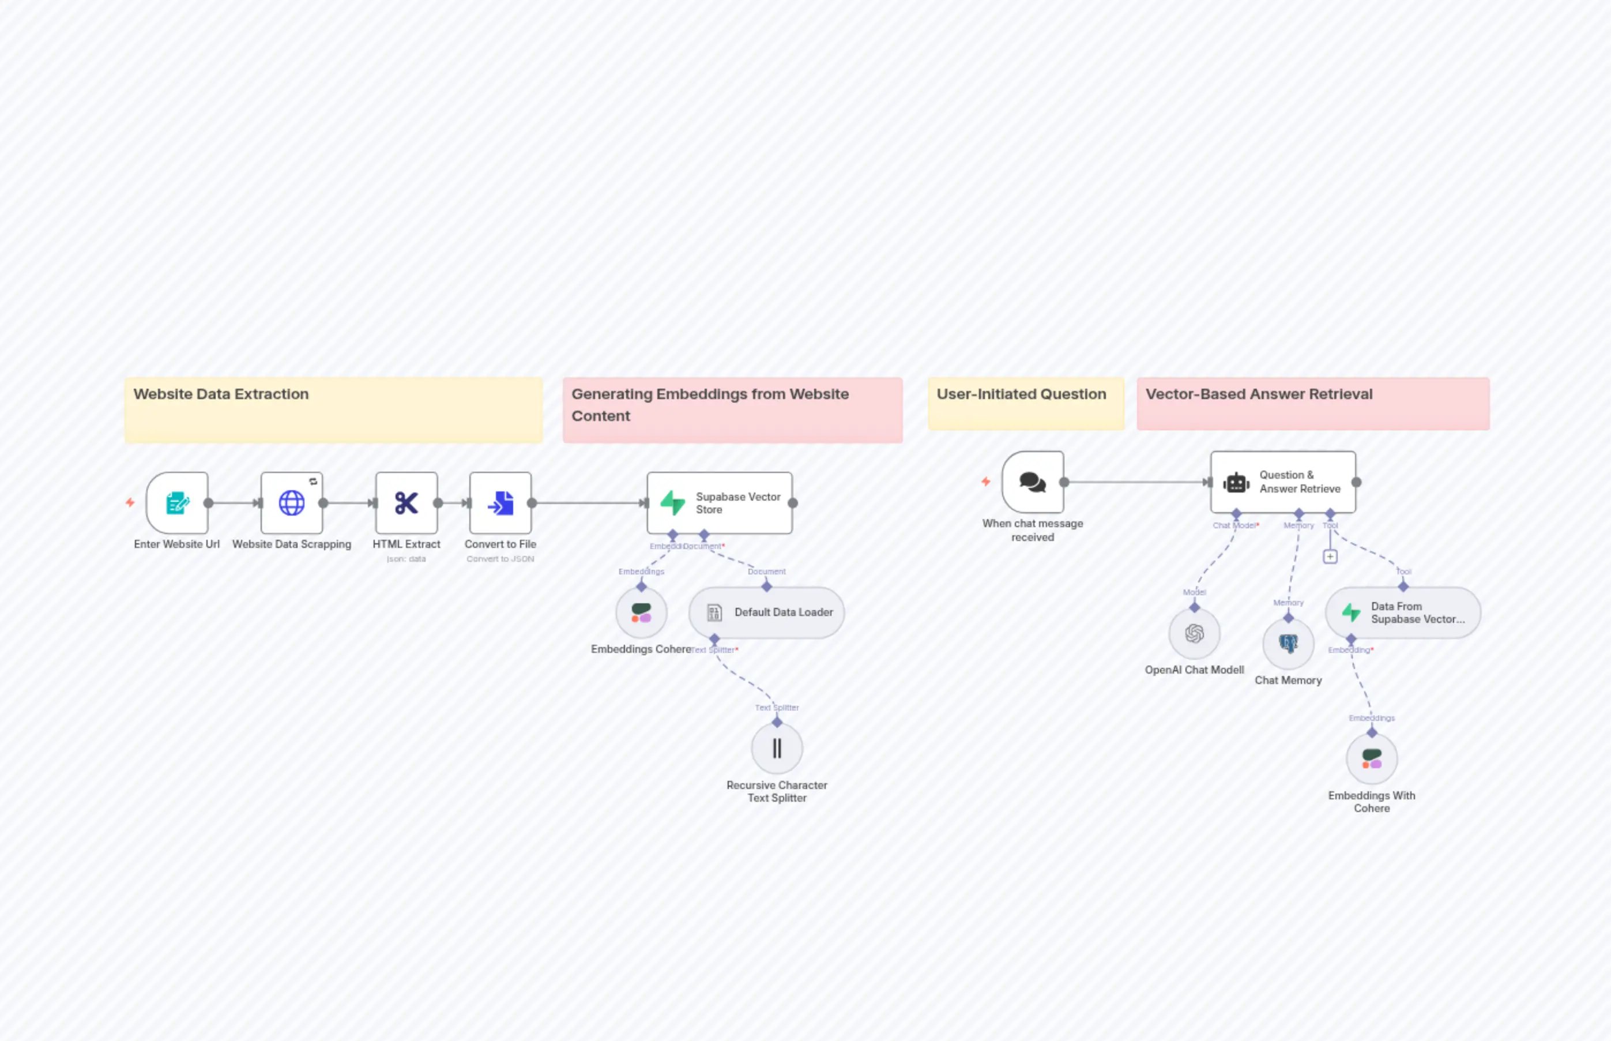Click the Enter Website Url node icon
[x=177, y=503]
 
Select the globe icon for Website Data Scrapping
[x=292, y=503]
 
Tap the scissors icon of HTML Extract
[x=406, y=503]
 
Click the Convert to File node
[x=500, y=503]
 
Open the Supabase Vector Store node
[x=719, y=503]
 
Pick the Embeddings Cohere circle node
[x=641, y=613]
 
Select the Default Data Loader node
[x=766, y=612]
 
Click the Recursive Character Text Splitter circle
[x=777, y=748]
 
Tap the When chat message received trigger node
[x=1033, y=482]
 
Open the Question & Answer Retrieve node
[x=1282, y=482]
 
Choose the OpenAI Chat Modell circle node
[x=1194, y=633]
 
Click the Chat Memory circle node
[x=1288, y=644]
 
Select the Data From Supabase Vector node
[x=1403, y=612]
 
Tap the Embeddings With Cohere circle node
[x=1371, y=759]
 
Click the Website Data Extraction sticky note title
[x=221, y=394]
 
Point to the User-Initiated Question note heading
[x=1021, y=394]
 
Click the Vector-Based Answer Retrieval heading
[x=1258, y=394]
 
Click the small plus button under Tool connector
[x=1330, y=557]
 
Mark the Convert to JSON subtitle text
[x=500, y=559]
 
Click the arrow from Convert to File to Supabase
[x=588, y=503]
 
